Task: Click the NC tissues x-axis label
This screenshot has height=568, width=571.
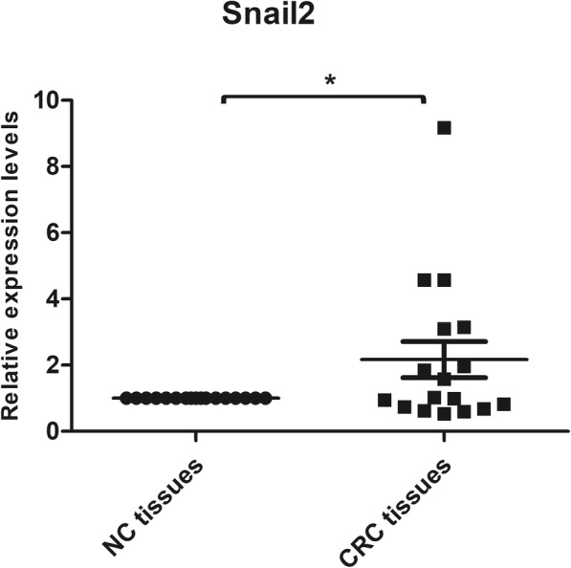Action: click(x=157, y=505)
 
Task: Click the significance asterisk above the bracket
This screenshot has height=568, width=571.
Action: click(x=330, y=81)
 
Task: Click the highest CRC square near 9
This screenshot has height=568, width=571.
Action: click(x=444, y=127)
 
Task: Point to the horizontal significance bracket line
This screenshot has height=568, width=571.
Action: click(x=323, y=96)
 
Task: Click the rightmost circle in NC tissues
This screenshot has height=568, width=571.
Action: click(x=265, y=398)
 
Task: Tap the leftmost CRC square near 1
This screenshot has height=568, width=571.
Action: click(x=384, y=400)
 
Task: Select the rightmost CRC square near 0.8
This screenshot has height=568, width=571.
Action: click(x=503, y=404)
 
